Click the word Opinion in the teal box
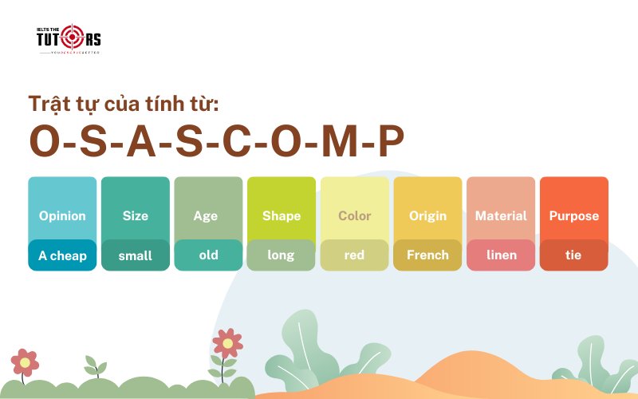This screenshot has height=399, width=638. pyautogui.click(x=62, y=215)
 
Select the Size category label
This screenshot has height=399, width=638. pyautogui.click(x=136, y=215)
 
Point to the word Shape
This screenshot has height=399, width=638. pyautogui.click(x=282, y=215)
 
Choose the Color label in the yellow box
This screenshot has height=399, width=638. pyautogui.click(x=355, y=215)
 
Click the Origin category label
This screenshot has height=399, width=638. pyautogui.click(x=427, y=215)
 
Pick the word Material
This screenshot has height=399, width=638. pyautogui.click(x=501, y=215)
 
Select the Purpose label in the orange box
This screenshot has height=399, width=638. pyautogui.click(x=573, y=215)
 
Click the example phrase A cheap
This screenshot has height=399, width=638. pyautogui.click(x=62, y=255)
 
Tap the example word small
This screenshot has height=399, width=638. pyautogui.click(x=136, y=255)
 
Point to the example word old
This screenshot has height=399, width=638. pyautogui.click(x=208, y=255)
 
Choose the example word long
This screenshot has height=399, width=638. pyautogui.click(x=281, y=255)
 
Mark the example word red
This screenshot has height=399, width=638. pyautogui.click(x=354, y=255)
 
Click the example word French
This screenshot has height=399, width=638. pyautogui.click(x=427, y=255)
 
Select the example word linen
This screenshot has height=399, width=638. pyautogui.click(x=501, y=255)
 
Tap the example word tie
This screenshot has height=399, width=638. pyautogui.click(x=573, y=255)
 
